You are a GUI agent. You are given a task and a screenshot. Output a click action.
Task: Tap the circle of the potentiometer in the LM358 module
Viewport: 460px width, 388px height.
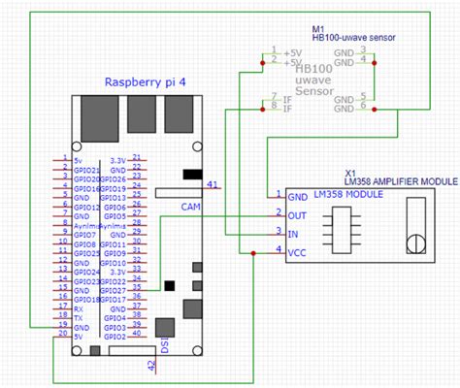click(x=416, y=242)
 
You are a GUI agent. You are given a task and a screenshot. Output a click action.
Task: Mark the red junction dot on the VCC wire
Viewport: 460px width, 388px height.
click(x=253, y=254)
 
